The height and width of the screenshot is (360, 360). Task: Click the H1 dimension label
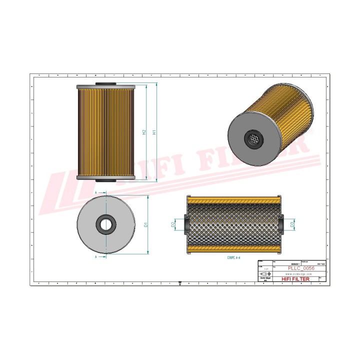pyautogui.click(x=154, y=132)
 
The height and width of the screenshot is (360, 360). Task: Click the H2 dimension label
pyautogui.click(x=144, y=132)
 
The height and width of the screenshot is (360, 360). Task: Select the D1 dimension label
pyautogui.click(x=146, y=224)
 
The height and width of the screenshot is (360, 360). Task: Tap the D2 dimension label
pyautogui.click(x=173, y=225)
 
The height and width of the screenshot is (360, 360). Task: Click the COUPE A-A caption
pyautogui.click(x=233, y=258)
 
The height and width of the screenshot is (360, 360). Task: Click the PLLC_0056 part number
pyautogui.click(x=299, y=268)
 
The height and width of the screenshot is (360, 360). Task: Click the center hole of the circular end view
pyautogui.click(x=105, y=224)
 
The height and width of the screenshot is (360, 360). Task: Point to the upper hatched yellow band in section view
pyautogui.click(x=233, y=200)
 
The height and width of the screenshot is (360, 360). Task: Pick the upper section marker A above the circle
pyautogui.click(x=95, y=192)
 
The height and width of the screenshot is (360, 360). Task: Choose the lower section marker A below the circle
pyautogui.click(x=95, y=256)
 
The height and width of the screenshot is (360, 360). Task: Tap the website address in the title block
pyautogui.click(x=299, y=274)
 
